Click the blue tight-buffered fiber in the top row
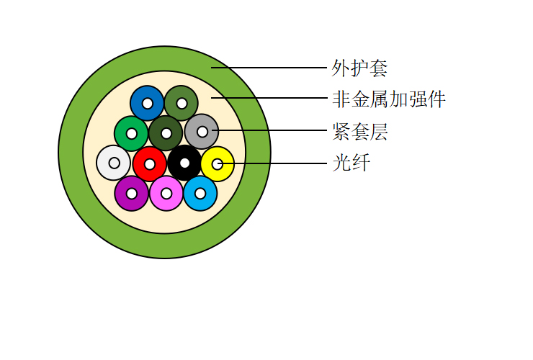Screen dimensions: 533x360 click(147, 103)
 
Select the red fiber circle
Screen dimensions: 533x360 click(150, 164)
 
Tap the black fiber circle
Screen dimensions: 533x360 click(184, 163)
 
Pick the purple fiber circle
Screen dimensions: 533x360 click(132, 194)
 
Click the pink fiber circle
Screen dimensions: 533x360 click(166, 194)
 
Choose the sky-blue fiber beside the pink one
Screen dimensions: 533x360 click(200, 194)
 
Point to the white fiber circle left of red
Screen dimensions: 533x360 click(114, 163)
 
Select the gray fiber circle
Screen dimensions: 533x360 click(202, 131)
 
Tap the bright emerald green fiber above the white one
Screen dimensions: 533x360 click(132, 133)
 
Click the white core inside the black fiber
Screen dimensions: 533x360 click(184, 163)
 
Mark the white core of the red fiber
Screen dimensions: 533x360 click(150, 164)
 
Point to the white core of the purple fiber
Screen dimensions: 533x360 click(132, 194)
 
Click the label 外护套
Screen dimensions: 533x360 click(359, 68)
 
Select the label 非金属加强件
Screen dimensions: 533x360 click(389, 99)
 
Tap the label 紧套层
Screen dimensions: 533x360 click(360, 132)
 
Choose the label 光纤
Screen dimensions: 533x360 click(351, 163)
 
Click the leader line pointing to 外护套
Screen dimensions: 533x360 click(269, 68)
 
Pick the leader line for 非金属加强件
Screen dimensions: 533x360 click(269, 98)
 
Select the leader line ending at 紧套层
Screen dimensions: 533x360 click(269, 130)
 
